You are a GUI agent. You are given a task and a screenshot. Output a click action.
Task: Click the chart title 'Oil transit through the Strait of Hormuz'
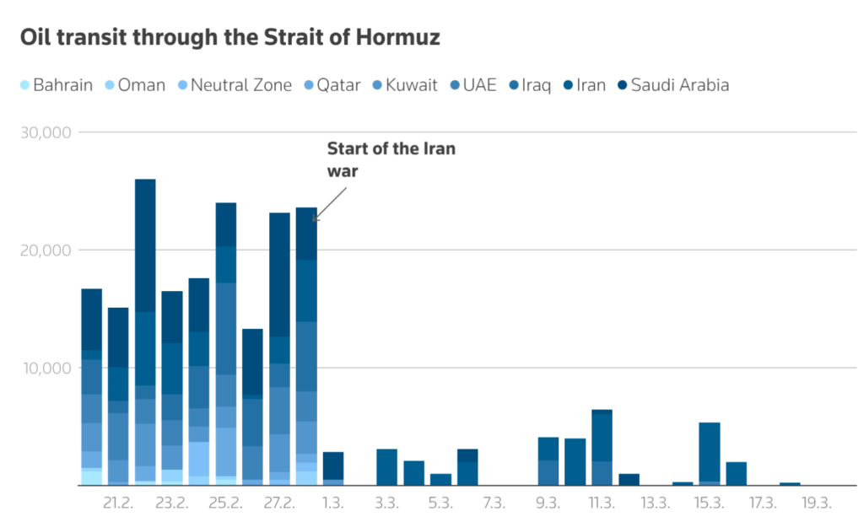(229, 38)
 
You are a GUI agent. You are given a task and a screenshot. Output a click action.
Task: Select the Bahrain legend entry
(56, 85)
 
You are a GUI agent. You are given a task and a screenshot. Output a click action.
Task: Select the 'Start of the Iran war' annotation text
(391, 159)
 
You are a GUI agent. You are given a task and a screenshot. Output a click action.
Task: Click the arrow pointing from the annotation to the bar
(330, 204)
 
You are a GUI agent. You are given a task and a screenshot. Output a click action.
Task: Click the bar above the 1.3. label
(333, 469)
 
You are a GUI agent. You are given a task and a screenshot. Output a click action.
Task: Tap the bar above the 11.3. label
(602, 448)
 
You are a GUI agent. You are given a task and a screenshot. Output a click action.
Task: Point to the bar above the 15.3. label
(710, 454)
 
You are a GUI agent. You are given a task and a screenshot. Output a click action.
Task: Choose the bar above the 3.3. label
(386, 467)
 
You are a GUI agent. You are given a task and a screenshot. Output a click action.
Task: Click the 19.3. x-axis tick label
(817, 503)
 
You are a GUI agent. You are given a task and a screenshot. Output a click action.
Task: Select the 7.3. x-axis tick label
(494, 503)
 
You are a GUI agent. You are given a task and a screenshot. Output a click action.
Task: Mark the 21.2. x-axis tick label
(118, 503)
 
